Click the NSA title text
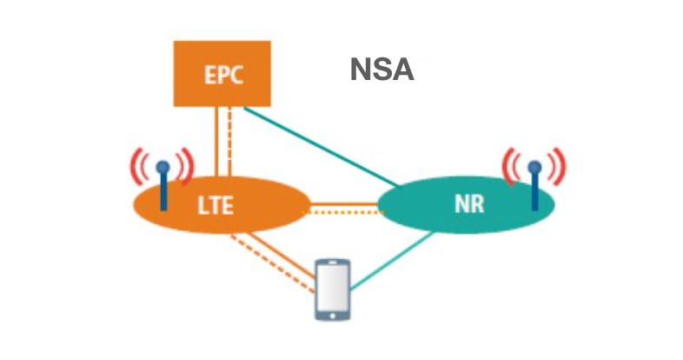click(382, 70)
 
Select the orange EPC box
click(222, 74)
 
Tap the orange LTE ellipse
click(222, 205)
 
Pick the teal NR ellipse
click(466, 204)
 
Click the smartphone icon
click(333, 290)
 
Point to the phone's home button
click(333, 316)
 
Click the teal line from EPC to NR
click(322, 146)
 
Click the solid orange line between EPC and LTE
click(216, 142)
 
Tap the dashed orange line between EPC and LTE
click(229, 142)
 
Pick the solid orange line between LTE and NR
click(344, 203)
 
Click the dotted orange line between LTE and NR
click(344, 213)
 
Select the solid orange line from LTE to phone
click(282, 256)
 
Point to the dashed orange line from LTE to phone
click(273, 264)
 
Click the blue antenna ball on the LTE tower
click(162, 167)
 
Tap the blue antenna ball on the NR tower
click(534, 167)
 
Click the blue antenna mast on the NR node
click(535, 192)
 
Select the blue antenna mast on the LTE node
click(163, 192)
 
